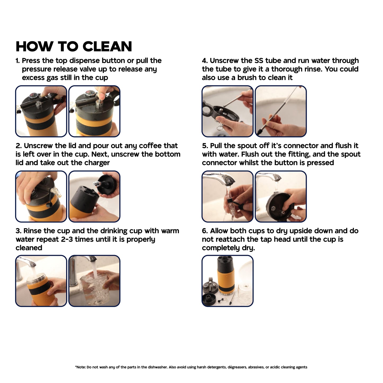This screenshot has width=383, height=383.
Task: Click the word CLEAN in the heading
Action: [107, 46]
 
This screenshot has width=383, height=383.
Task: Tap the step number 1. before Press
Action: [18, 61]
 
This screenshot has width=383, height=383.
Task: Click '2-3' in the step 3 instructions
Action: [67, 239]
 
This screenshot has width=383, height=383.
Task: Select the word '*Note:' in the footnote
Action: [80, 367]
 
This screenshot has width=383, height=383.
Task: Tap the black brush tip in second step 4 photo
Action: [259, 131]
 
